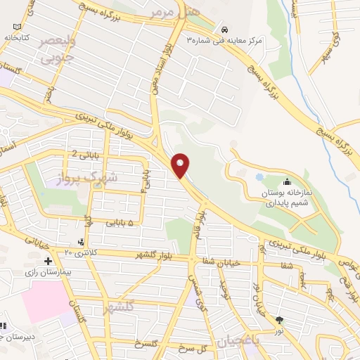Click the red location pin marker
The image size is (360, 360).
point(181,165)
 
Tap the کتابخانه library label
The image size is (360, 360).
point(18,37)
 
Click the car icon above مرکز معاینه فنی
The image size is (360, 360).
point(224,30)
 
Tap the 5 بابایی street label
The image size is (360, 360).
point(120,223)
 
